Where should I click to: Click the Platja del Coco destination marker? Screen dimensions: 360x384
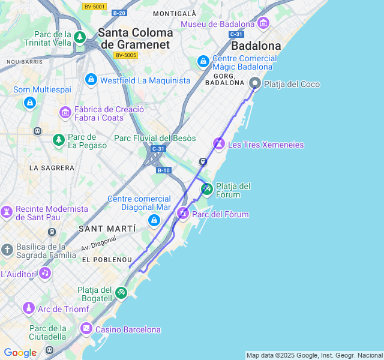click(255, 84)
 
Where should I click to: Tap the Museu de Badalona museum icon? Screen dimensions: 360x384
click(263, 23)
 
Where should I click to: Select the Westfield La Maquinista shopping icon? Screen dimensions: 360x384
click(91, 79)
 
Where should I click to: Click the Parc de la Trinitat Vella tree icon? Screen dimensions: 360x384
click(80, 38)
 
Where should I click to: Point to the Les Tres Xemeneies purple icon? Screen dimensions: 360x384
click(219, 144)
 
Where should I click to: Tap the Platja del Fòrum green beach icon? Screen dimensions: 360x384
click(206, 190)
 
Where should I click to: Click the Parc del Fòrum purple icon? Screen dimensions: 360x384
click(182, 214)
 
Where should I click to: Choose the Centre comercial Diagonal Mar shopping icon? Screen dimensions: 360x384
click(154, 220)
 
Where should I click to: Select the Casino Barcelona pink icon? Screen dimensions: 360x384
click(86, 329)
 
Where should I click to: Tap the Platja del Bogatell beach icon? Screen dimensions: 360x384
click(122, 292)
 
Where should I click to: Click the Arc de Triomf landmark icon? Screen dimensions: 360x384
click(28, 308)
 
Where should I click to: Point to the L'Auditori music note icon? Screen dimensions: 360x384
click(44, 274)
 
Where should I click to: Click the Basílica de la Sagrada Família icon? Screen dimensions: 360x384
click(7, 250)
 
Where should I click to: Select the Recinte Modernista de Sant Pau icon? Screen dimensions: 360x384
click(7, 212)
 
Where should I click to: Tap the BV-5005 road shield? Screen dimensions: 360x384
click(126, 55)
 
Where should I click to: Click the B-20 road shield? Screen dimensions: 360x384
click(119, 13)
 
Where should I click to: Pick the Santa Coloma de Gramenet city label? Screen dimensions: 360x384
click(136, 38)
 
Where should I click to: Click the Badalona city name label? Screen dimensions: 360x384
click(256, 46)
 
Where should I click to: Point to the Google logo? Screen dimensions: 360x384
click(20, 353)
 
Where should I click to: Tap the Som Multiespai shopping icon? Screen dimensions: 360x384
click(29, 103)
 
